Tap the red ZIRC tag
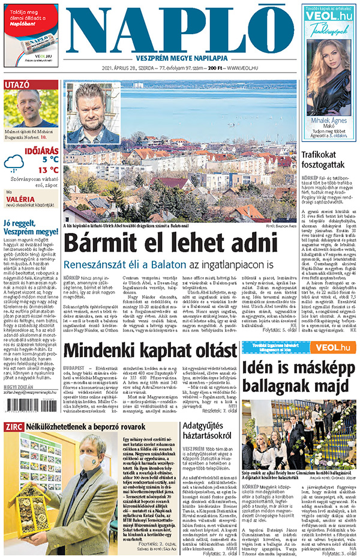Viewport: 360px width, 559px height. [x=14, y=427]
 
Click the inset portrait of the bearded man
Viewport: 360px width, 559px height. [x=94, y=113]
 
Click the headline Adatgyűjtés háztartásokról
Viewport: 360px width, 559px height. [x=205, y=432]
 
